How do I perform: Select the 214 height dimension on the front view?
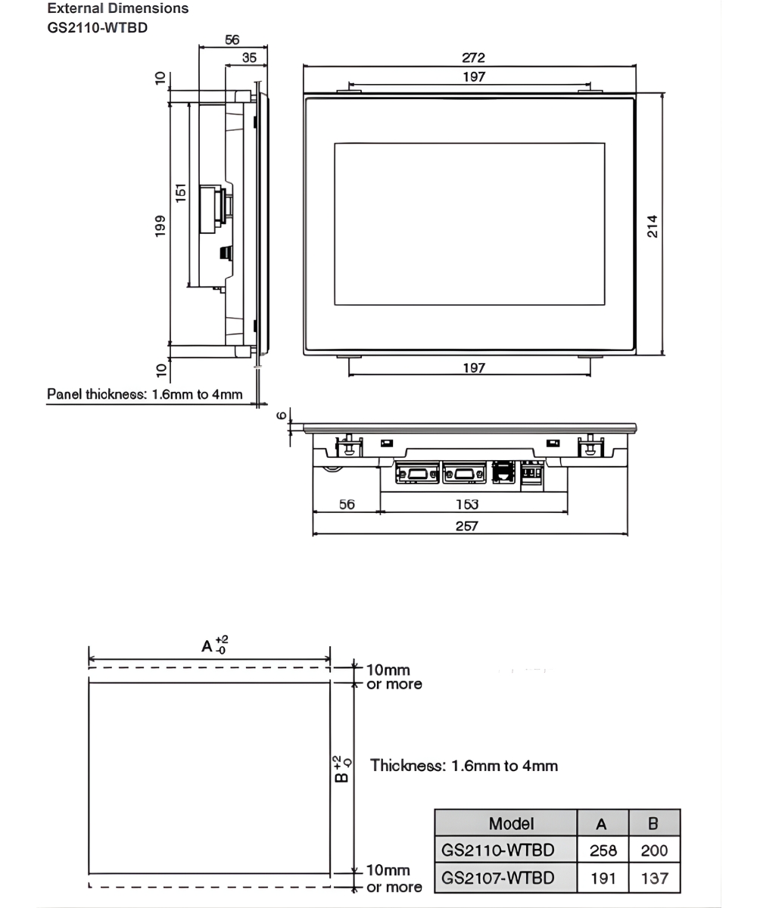[652, 225]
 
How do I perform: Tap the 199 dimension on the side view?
[160, 225]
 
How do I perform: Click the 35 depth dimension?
[248, 58]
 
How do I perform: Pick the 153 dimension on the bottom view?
[466, 504]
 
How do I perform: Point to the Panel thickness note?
[145, 393]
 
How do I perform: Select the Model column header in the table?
[511, 823]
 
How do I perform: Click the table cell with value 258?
[603, 850]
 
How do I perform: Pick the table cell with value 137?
[654, 878]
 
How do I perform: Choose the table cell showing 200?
[654, 850]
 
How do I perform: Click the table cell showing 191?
[603, 878]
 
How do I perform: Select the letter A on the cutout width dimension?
[206, 646]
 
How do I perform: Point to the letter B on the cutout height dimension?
[342, 776]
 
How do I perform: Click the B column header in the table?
[654, 823]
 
